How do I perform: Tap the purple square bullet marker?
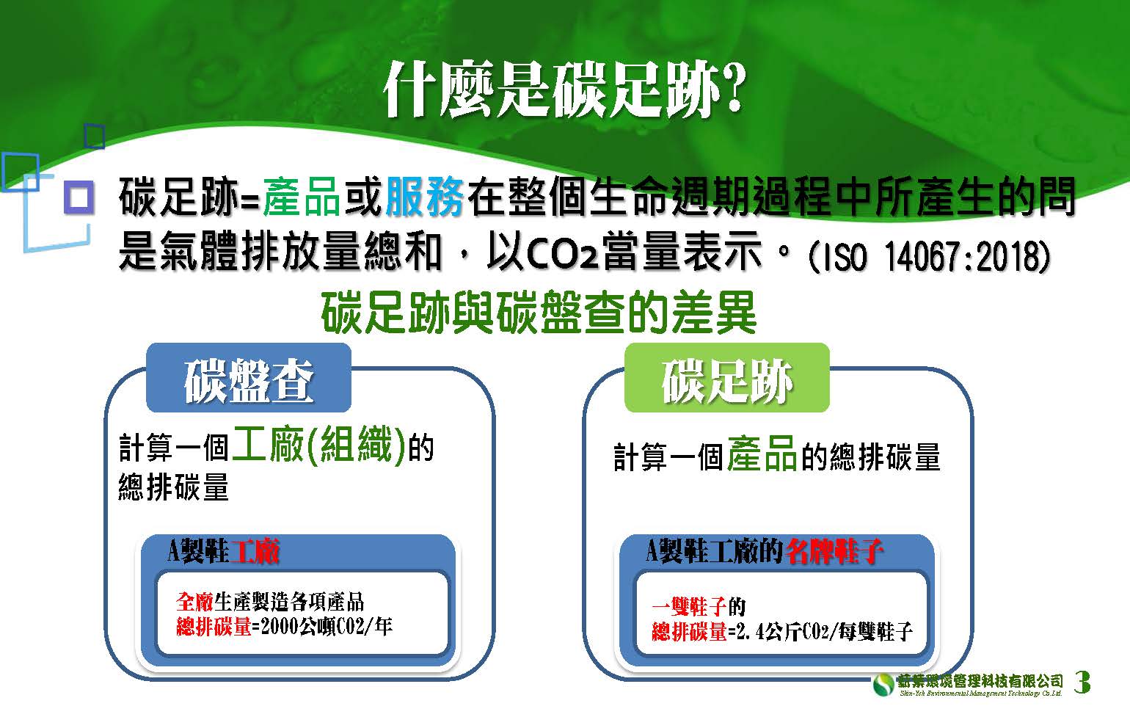[x=79, y=197]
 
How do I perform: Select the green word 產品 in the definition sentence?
[x=301, y=197]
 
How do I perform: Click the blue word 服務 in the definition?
[x=425, y=197]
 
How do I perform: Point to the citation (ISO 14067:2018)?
[x=929, y=256]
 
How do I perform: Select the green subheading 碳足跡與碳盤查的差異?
[x=539, y=313]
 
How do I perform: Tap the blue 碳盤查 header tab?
[x=249, y=378]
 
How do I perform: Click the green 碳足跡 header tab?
[x=727, y=378]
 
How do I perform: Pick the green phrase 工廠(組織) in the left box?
[x=318, y=445]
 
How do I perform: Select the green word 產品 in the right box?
[x=762, y=454]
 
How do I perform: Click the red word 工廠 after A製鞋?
[x=254, y=550]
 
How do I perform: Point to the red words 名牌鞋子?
[x=834, y=550]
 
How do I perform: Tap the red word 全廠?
[x=194, y=602]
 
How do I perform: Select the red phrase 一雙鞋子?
[x=689, y=606]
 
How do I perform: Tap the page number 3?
[x=1082, y=682]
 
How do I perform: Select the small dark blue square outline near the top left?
[x=95, y=137]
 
